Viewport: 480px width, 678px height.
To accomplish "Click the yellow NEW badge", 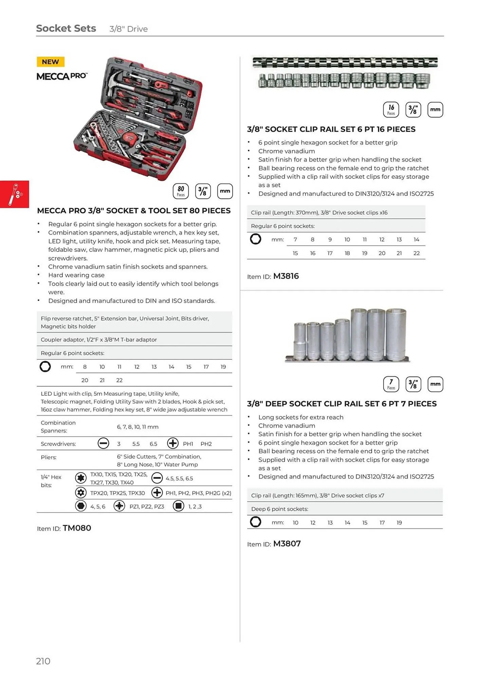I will pyautogui.click(x=50, y=62).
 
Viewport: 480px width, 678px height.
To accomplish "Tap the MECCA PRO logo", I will pyautogui.click(x=62, y=76).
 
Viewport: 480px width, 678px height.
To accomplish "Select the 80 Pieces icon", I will pyautogui.click(x=181, y=191).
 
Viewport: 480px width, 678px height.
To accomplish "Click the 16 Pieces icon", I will pyautogui.click(x=391, y=109).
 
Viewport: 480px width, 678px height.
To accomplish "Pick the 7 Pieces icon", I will pyautogui.click(x=391, y=384).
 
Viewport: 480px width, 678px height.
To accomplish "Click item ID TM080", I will pyautogui.click(x=77, y=528).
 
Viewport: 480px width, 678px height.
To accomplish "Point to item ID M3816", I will pyautogui.click(x=286, y=276).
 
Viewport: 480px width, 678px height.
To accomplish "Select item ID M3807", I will pyautogui.click(x=287, y=544).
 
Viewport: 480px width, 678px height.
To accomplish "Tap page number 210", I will pyautogui.click(x=43, y=661).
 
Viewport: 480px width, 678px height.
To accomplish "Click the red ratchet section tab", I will pyautogui.click(x=15, y=194).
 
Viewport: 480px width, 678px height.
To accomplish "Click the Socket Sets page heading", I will pyautogui.click(x=66, y=28).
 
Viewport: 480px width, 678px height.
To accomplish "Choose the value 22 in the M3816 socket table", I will pyautogui.click(x=417, y=253).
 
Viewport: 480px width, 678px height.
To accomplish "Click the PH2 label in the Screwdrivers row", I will pyautogui.click(x=206, y=444).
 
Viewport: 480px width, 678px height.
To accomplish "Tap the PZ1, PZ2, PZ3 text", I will pyautogui.click(x=147, y=506).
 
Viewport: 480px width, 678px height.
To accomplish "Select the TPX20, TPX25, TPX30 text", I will pyautogui.click(x=117, y=493).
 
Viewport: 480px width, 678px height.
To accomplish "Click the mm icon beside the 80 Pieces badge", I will pyautogui.click(x=225, y=191).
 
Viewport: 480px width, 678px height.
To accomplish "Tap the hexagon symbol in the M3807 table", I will pyautogui.click(x=256, y=522).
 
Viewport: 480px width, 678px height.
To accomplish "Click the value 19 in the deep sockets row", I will pyautogui.click(x=399, y=523).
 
